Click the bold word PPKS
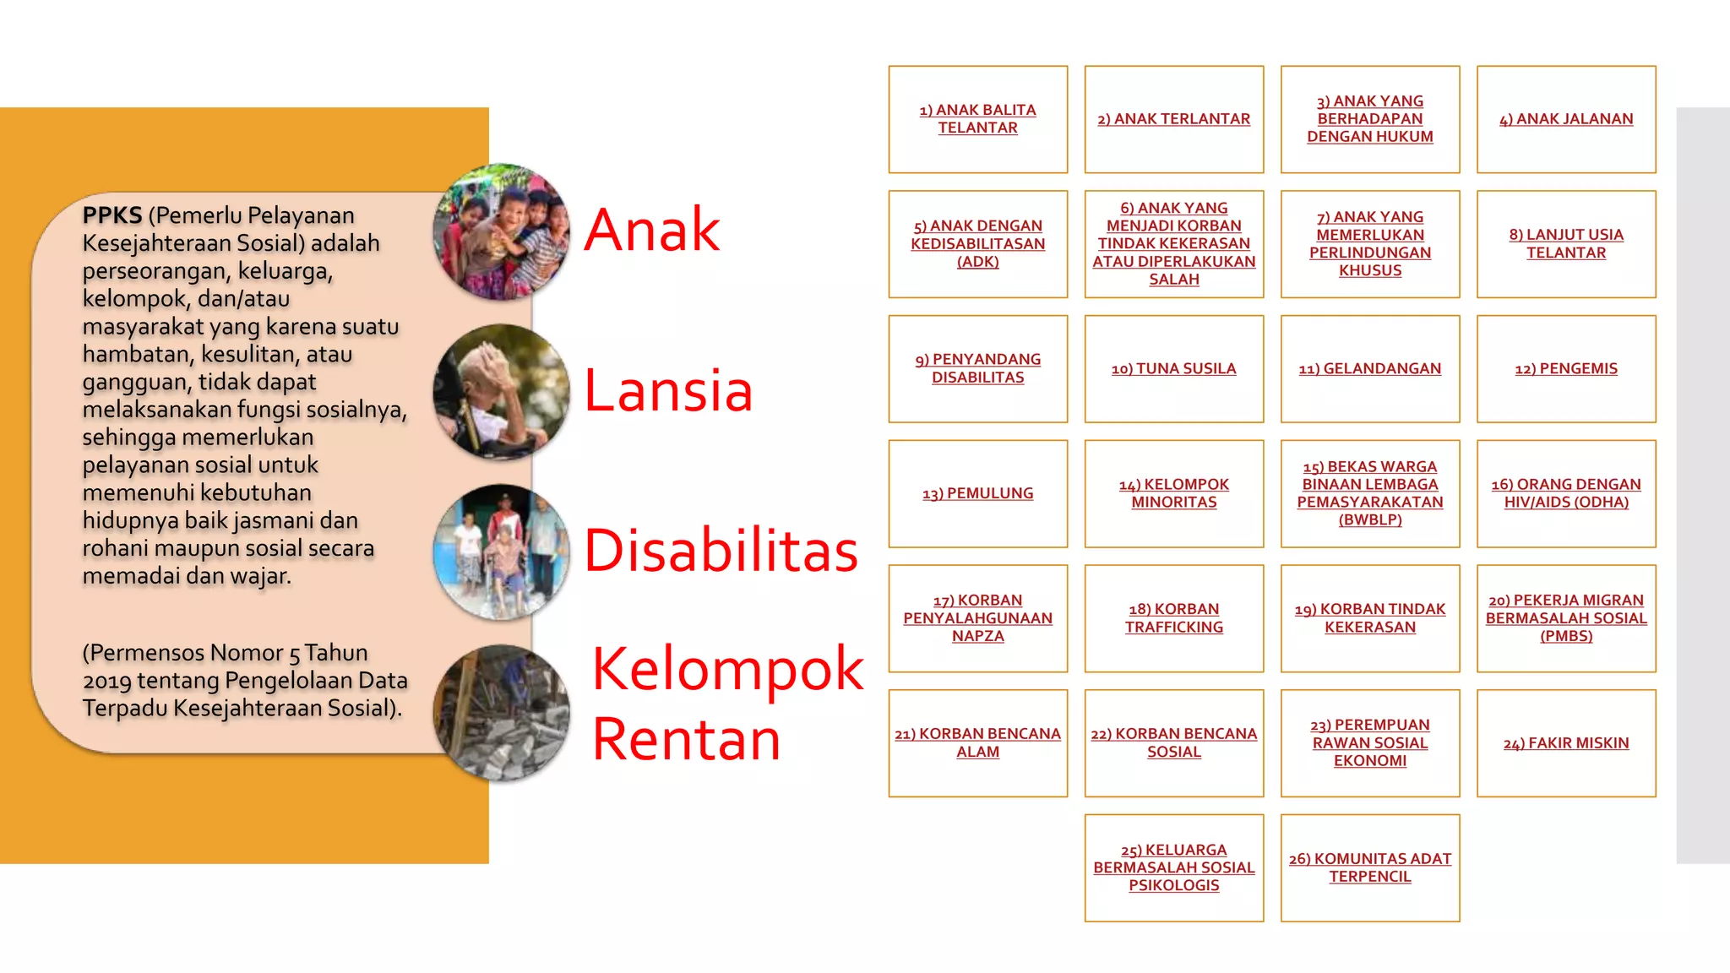pyautogui.click(x=112, y=215)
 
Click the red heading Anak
pyautogui.click(x=651, y=230)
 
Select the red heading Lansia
pyautogui.click(x=667, y=390)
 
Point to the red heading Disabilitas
pyautogui.click(x=721, y=551)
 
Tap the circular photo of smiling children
pyautogui.click(x=501, y=231)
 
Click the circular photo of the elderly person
pyautogui.click(x=501, y=392)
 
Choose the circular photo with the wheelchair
pyautogui.click(x=501, y=552)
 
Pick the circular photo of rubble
pyautogui.click(x=501, y=713)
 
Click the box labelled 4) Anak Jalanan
pyautogui.click(x=1566, y=119)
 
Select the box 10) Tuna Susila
pyautogui.click(x=1174, y=369)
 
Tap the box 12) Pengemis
pyautogui.click(x=1566, y=369)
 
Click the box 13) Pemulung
pyautogui.click(x=978, y=493)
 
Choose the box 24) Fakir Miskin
pyautogui.click(x=1566, y=743)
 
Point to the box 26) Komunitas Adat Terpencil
pyautogui.click(x=1370, y=867)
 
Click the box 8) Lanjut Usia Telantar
pyautogui.click(x=1566, y=244)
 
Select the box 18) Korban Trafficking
pyautogui.click(x=1174, y=618)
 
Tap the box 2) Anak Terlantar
pyautogui.click(x=1174, y=119)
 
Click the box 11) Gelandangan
pyautogui.click(x=1370, y=369)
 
